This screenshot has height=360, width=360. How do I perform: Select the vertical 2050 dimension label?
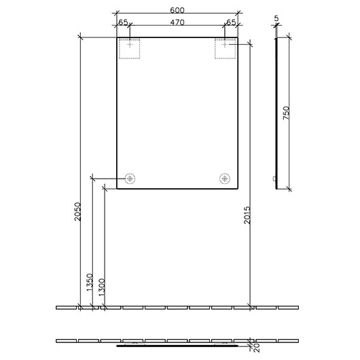(77, 212)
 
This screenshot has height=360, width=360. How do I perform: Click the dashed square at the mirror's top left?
(129, 49)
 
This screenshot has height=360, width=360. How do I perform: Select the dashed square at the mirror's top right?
(225, 49)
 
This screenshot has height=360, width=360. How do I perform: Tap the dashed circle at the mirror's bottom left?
(129, 179)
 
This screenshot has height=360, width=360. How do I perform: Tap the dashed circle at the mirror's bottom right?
(225, 179)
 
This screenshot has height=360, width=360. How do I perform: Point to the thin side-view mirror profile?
(278, 112)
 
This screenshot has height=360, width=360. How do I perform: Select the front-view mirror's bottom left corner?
(117, 188)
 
